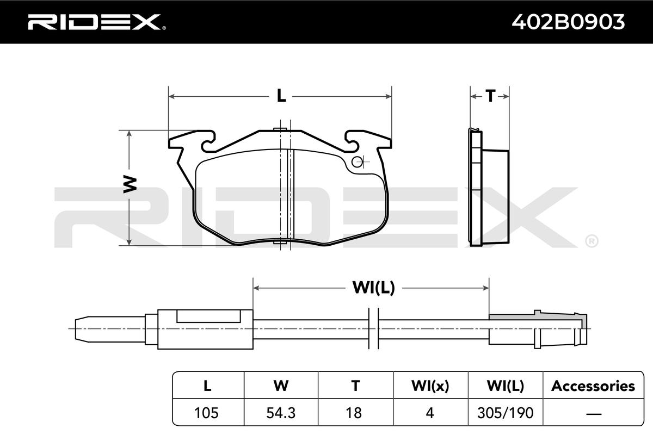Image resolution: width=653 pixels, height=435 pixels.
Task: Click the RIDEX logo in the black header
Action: click(97, 22)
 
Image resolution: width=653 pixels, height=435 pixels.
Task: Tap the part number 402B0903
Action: click(568, 22)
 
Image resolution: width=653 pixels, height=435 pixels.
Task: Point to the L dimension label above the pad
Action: click(281, 96)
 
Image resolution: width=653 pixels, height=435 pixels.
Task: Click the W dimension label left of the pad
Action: click(130, 184)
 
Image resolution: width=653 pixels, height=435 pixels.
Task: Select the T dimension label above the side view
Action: click(490, 96)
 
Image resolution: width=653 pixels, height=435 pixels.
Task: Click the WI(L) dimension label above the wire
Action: click(374, 288)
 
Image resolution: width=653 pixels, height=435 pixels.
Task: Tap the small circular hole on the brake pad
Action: click(357, 162)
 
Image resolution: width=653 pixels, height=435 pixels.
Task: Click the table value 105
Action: click(206, 413)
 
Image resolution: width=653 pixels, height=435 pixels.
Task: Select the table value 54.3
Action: click(281, 413)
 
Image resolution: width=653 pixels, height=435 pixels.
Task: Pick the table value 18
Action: click(354, 413)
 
